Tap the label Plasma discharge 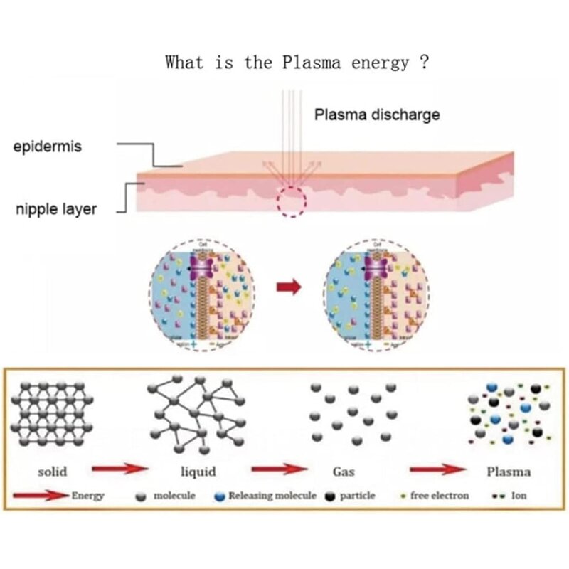coord(377,115)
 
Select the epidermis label coord(47,147)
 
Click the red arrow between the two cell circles coord(288,287)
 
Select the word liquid coord(198,471)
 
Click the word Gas coord(344,471)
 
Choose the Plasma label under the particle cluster coord(508,471)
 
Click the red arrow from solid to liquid coord(119,469)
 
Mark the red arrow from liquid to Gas coord(280,469)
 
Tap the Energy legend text coord(88,496)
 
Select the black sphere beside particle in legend coord(329,496)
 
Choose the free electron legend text coord(439,496)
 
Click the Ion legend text coord(519,496)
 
